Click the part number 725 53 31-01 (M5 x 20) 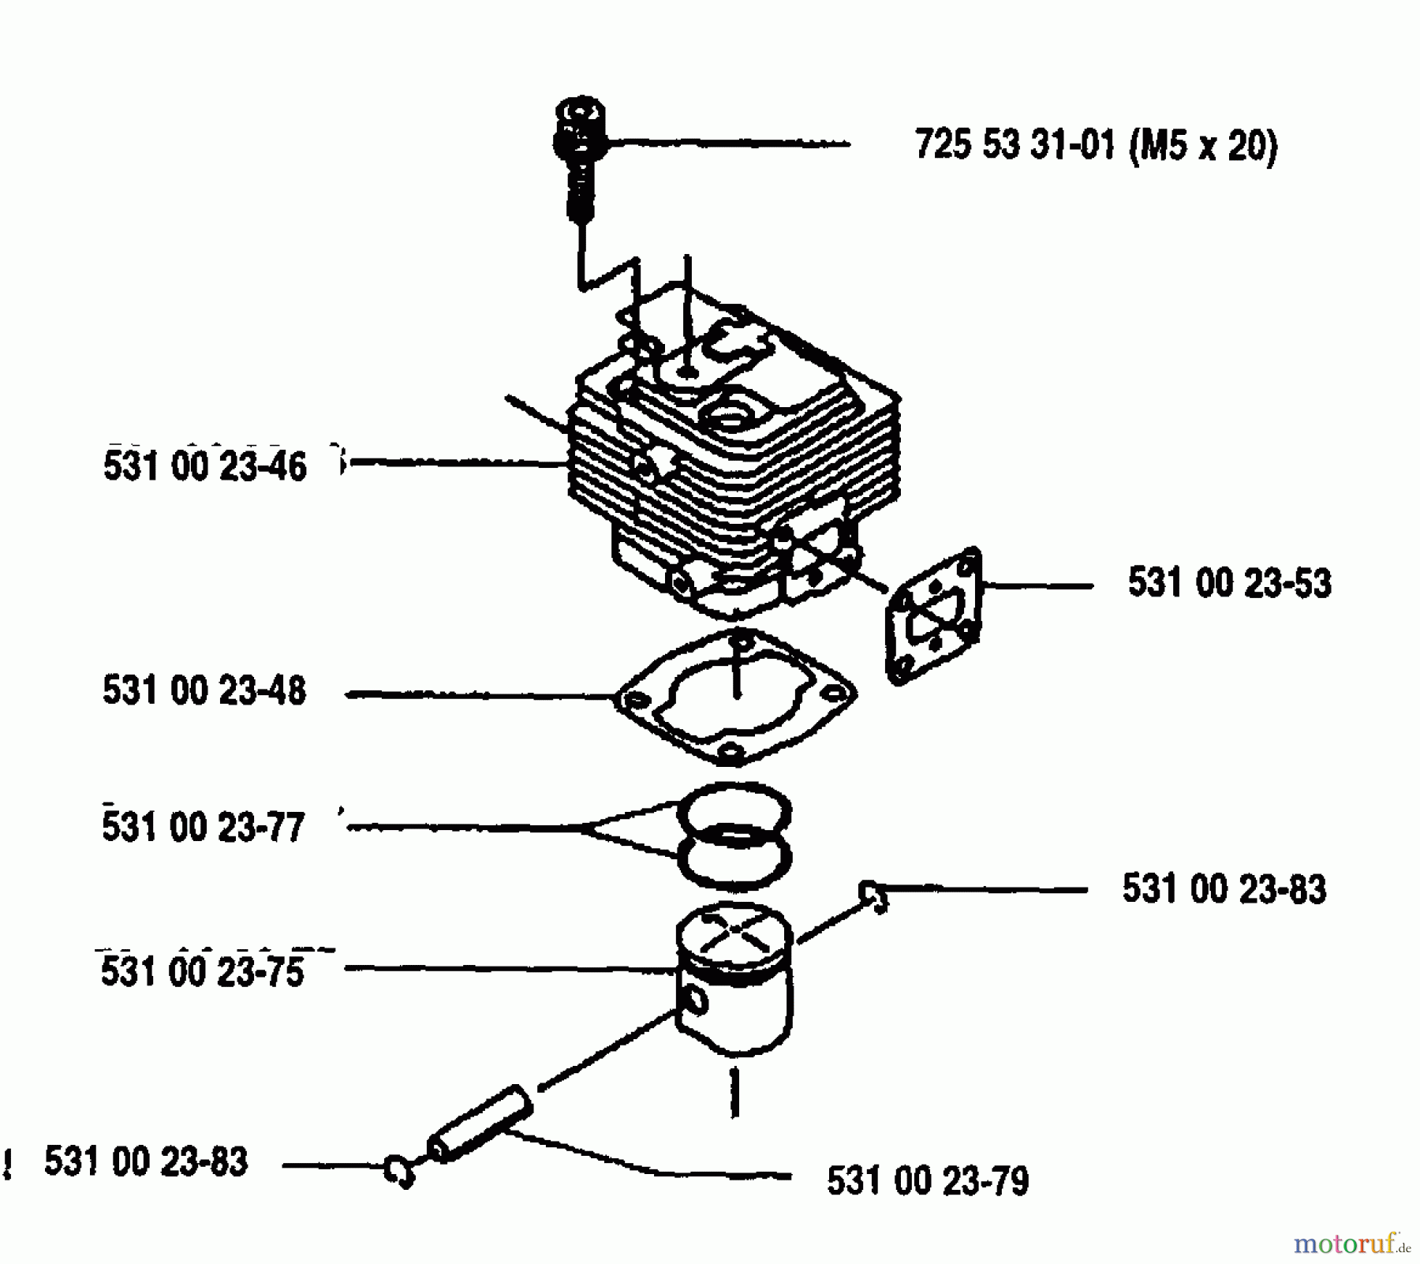pyautogui.click(x=1096, y=146)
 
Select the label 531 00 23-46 pyautogui.click(x=204, y=466)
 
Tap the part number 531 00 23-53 pyautogui.click(x=1230, y=583)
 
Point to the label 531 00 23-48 pyautogui.click(x=204, y=690)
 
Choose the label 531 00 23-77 pyautogui.click(x=204, y=828)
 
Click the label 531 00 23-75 pyautogui.click(x=203, y=971)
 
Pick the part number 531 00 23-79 pyautogui.click(x=928, y=1182)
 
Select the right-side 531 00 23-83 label pyautogui.click(x=1224, y=889)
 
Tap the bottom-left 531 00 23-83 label pyautogui.click(x=146, y=1161)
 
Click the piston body pyautogui.click(x=734, y=979)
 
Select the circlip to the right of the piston pyautogui.click(x=874, y=896)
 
